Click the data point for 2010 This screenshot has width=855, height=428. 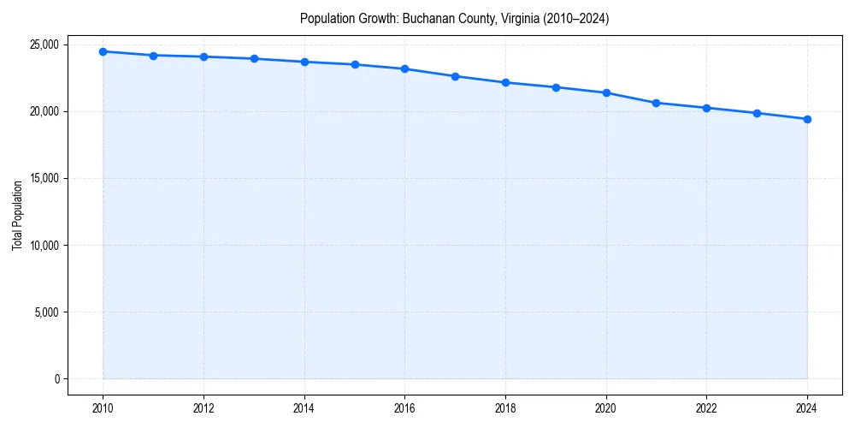coord(103,51)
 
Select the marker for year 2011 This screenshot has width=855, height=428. coord(153,56)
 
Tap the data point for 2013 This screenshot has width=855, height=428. coord(254,58)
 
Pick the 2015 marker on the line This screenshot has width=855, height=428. coord(355,64)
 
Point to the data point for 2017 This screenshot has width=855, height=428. coord(455,76)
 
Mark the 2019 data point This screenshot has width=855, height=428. coord(556,87)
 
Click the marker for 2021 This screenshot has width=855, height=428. coord(656,103)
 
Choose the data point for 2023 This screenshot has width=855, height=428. coord(757,113)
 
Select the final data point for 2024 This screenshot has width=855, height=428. coord(807,119)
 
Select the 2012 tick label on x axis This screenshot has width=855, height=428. coord(203,408)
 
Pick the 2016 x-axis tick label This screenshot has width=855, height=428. coord(404,408)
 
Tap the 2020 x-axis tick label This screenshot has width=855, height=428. coord(605,408)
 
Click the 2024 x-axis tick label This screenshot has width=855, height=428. coord(807,408)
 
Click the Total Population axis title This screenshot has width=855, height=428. coord(17,215)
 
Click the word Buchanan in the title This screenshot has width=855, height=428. coord(425,18)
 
